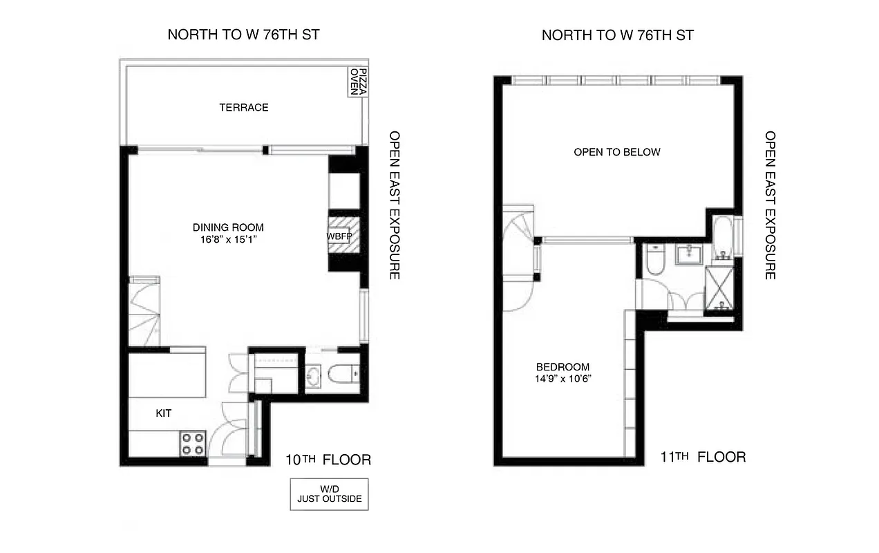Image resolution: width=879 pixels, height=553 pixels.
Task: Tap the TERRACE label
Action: coord(243,107)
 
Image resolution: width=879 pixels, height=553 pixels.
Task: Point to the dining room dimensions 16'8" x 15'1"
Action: coord(228,240)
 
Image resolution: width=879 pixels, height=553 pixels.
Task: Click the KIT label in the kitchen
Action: coord(163,413)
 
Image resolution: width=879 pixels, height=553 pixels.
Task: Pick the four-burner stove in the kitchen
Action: coord(193,443)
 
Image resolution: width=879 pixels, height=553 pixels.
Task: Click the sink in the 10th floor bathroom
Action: coord(314,377)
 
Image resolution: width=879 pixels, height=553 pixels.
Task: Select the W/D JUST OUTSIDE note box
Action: coord(329,494)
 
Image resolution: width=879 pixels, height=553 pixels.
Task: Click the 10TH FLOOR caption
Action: coord(328,460)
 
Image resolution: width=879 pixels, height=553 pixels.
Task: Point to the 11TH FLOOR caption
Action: coord(703,457)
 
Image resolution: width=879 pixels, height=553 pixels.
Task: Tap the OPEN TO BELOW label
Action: coord(617,152)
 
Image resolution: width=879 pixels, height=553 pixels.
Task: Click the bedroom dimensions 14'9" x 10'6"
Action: coord(563,379)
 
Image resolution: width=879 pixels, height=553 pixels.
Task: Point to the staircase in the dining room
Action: coord(144,311)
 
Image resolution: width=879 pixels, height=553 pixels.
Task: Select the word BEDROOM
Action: coord(563,367)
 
